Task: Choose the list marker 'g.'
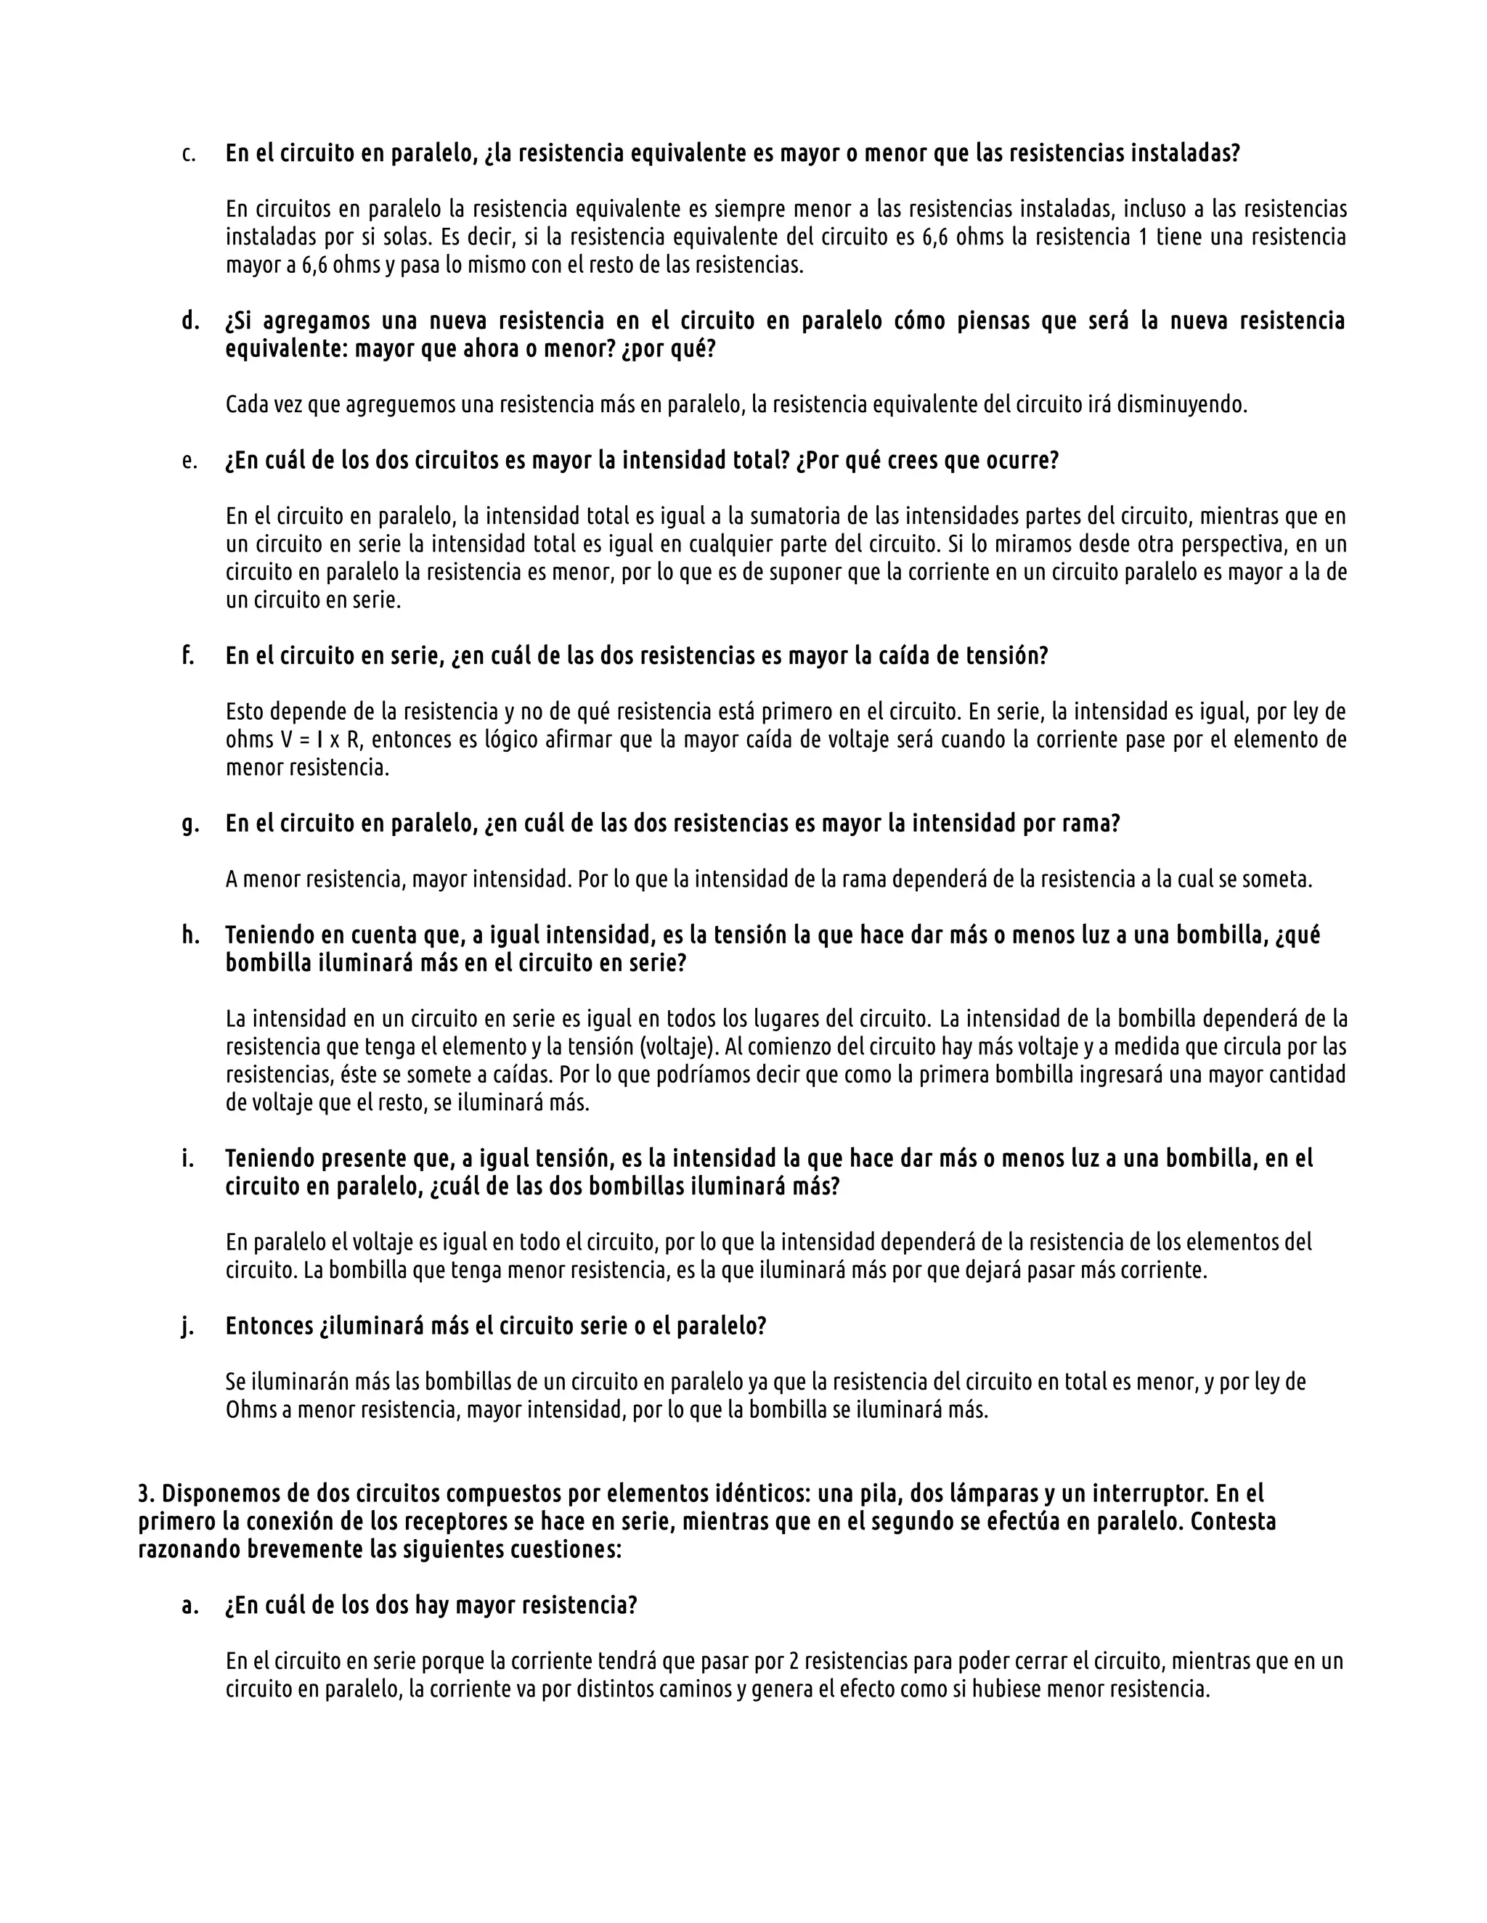[x=190, y=825]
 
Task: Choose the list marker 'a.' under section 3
[x=190, y=1606]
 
